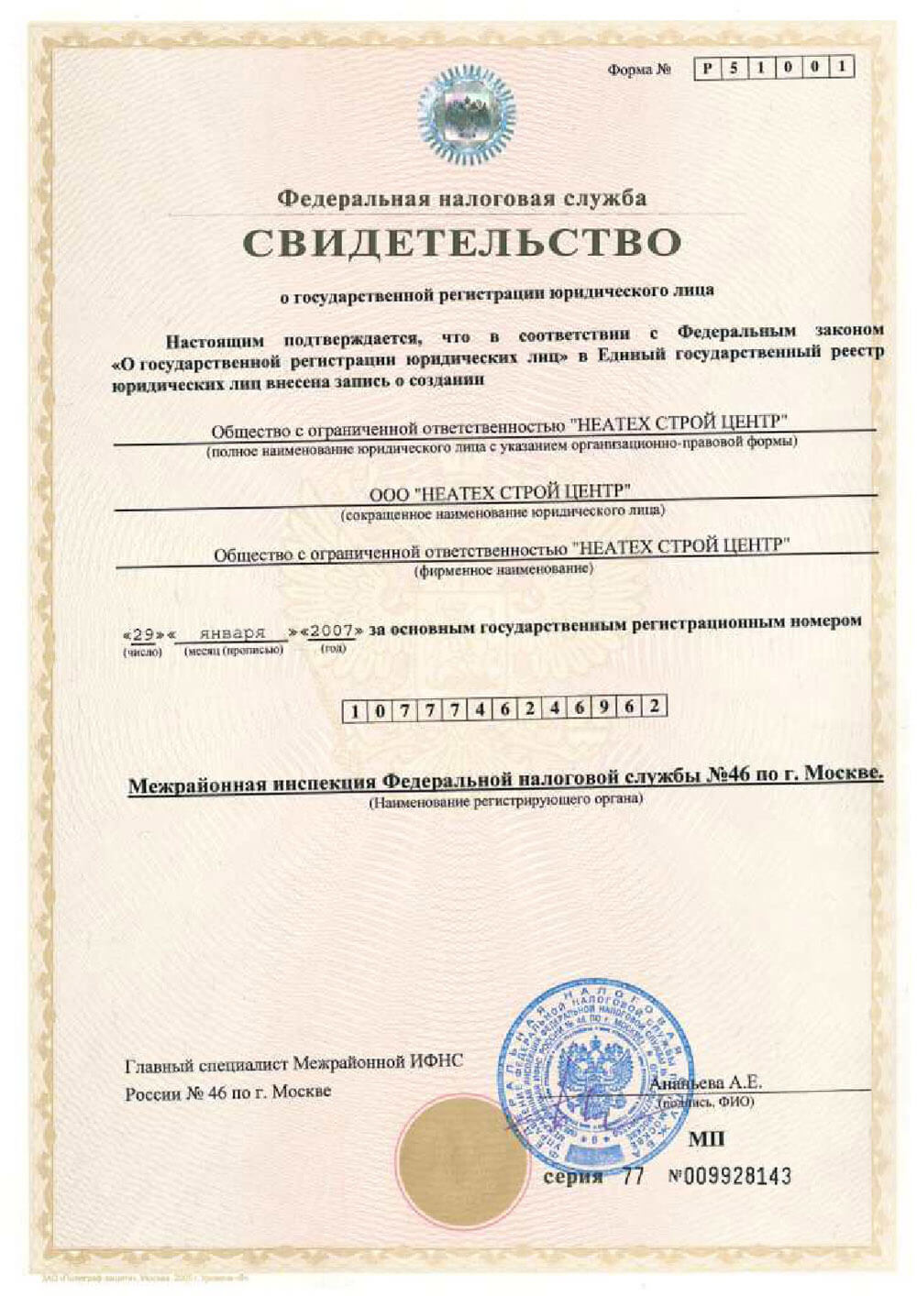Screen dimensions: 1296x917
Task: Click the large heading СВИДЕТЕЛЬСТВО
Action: pos(462,243)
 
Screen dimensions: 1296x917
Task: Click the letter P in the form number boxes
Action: pos(706,69)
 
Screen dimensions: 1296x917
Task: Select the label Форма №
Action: pos(639,70)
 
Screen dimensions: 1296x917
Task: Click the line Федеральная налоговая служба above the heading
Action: pos(462,198)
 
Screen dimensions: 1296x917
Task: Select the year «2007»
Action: pos(332,632)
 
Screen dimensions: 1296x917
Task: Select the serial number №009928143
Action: pos(730,1177)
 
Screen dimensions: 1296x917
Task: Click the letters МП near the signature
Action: pos(706,1139)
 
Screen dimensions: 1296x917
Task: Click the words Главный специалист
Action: pos(206,1064)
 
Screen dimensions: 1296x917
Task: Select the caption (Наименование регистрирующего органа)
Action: pos(505,801)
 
